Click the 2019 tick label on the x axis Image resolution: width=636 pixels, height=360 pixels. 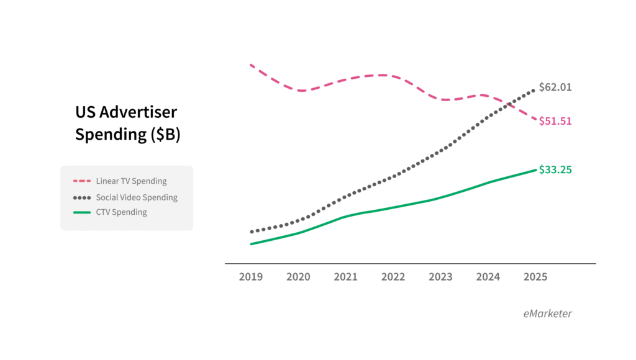pyautogui.click(x=250, y=277)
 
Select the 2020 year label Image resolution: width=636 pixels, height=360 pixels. pyautogui.click(x=298, y=277)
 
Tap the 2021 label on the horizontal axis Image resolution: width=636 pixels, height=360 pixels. pyautogui.click(x=345, y=277)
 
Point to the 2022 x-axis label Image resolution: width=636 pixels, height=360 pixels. pyautogui.click(x=393, y=277)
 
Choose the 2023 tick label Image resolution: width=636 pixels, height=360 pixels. pyautogui.click(x=440, y=277)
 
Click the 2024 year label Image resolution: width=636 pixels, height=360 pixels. pyautogui.click(x=488, y=277)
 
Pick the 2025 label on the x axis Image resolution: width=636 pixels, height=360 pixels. pyautogui.click(x=535, y=277)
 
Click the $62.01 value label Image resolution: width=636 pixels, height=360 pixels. pyautogui.click(x=555, y=87)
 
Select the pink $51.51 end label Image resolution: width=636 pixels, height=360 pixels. pyautogui.click(x=555, y=121)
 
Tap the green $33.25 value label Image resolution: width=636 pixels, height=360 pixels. pyautogui.click(x=555, y=169)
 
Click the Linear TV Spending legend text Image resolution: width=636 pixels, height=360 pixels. pyautogui.click(x=131, y=181)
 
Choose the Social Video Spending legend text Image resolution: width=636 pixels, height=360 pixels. pyautogui.click(x=137, y=197)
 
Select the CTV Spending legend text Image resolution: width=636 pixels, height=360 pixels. pyautogui.click(x=121, y=212)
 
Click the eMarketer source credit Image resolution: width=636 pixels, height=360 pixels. pyautogui.click(x=547, y=313)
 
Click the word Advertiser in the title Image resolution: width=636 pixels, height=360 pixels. pyautogui.click(x=138, y=112)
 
